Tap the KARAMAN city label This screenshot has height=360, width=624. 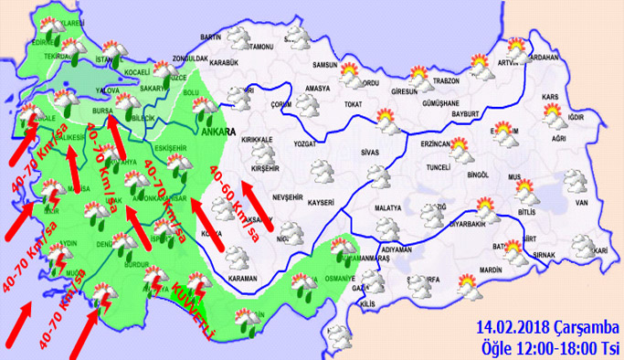(x=244, y=276)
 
